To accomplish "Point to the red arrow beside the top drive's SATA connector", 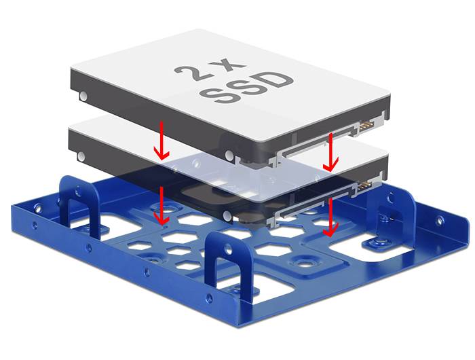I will [331, 154].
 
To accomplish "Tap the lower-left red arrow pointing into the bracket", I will [161, 206].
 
